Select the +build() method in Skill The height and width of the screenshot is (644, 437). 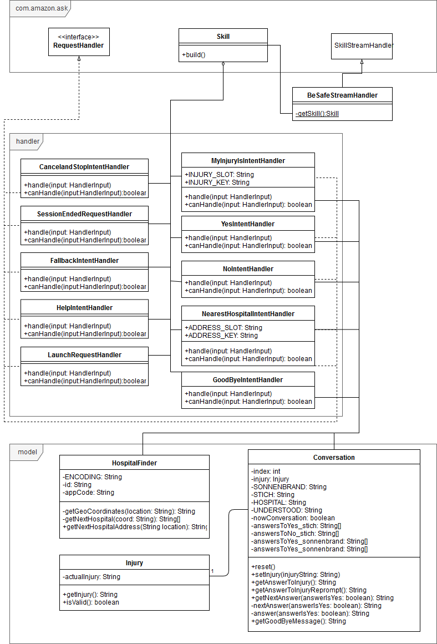coord(194,54)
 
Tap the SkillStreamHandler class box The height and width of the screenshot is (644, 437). coord(362,46)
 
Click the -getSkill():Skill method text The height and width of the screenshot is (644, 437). coord(317,114)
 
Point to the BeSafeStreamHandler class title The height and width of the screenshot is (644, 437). coord(343,95)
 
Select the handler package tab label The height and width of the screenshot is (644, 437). coord(28,141)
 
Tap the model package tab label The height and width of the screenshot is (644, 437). coord(28,452)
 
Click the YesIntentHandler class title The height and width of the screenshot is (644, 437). coord(248,224)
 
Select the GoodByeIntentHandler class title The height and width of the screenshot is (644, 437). coord(248,379)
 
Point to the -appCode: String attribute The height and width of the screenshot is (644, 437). coord(88,493)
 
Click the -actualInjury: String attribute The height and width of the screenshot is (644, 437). coord(92,577)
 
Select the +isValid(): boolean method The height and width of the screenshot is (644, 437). coord(91,602)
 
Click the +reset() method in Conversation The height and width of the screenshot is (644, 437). coord(263,567)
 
